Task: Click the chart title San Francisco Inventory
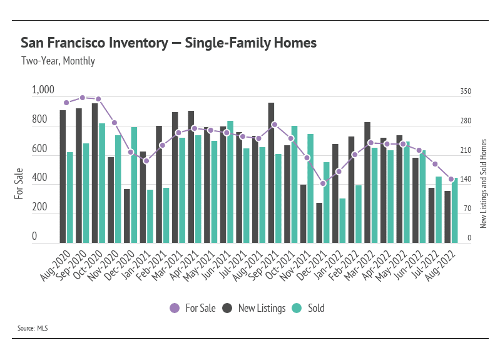168,43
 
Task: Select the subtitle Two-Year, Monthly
58,61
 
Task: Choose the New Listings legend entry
253,308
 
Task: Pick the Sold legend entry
309,308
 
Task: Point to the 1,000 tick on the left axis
43,91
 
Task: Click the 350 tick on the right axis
466,91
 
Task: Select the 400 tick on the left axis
39,179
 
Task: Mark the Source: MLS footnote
33,327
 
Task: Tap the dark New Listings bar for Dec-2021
320,222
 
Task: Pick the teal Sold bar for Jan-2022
342,220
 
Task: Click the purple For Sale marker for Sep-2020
83,98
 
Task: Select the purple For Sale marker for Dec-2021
323,183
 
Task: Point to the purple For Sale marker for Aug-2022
451,179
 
